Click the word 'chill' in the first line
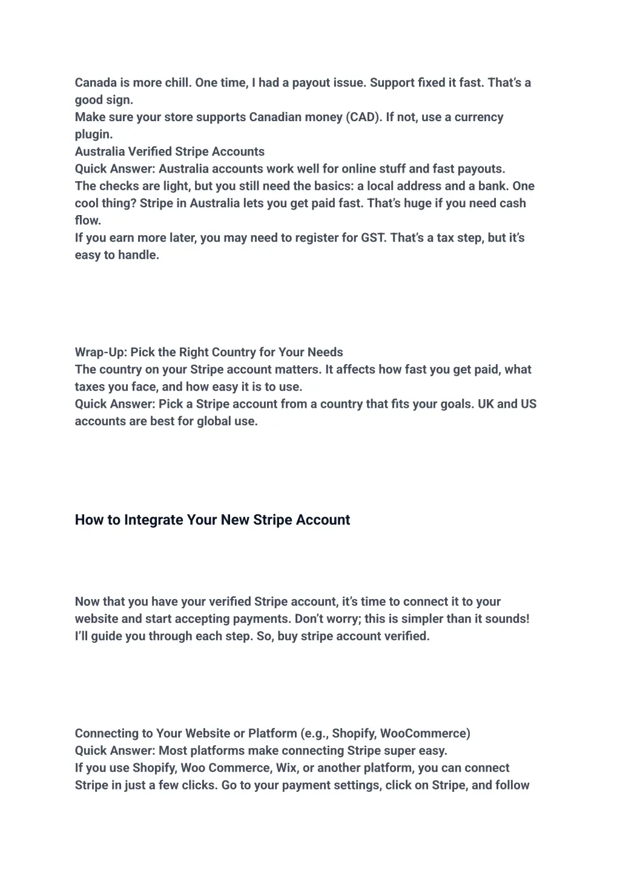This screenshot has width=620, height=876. (x=176, y=82)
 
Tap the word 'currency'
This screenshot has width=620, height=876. (x=479, y=117)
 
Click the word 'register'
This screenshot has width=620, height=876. (x=317, y=237)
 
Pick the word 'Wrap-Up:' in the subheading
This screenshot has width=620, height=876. (x=101, y=352)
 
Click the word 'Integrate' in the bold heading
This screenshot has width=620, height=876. (x=154, y=520)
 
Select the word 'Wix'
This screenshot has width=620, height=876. (x=286, y=768)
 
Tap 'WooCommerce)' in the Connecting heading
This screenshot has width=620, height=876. (x=425, y=733)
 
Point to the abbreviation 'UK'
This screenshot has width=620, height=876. (x=486, y=403)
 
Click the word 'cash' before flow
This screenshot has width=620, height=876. (x=513, y=203)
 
